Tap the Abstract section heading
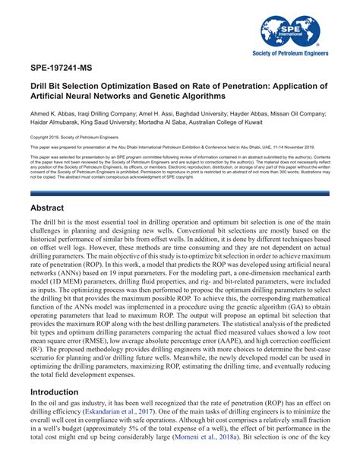coord(52,207)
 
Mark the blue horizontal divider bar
coord(179,195)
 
